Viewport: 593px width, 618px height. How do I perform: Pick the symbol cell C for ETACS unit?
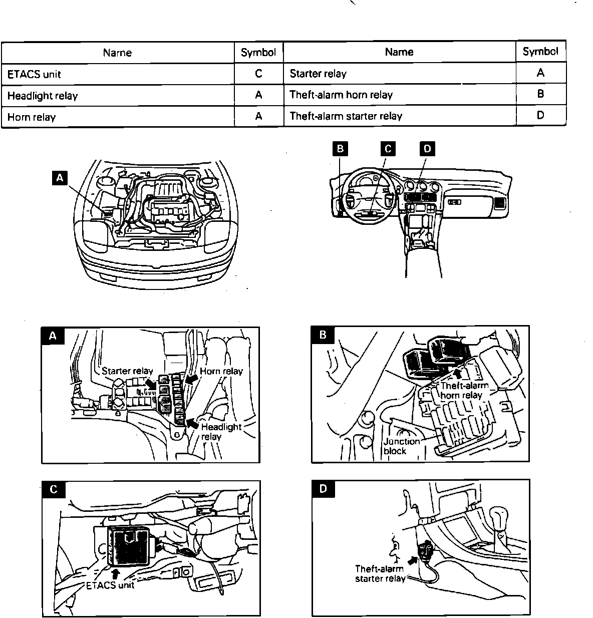tap(258, 74)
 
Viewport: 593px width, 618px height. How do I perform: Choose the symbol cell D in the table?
tap(540, 115)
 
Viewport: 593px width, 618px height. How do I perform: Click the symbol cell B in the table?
tap(540, 94)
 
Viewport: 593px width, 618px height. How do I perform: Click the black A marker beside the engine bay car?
tap(60, 178)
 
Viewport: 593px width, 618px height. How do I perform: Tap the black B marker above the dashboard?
tap(340, 149)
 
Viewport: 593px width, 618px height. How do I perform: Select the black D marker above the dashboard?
tap(427, 149)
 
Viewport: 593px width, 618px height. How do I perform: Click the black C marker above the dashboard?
tap(387, 149)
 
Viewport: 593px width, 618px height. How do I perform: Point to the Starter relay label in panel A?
tap(127, 371)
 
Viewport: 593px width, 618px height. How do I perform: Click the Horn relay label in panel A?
tap(221, 371)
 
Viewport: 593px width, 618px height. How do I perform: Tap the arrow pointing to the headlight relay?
tap(192, 424)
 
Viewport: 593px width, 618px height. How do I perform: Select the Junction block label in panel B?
tap(401, 446)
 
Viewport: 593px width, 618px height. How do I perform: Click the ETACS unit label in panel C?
tap(110, 585)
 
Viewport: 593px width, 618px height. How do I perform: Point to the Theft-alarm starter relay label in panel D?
tap(380, 574)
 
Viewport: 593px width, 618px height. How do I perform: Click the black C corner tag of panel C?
tap(54, 489)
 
